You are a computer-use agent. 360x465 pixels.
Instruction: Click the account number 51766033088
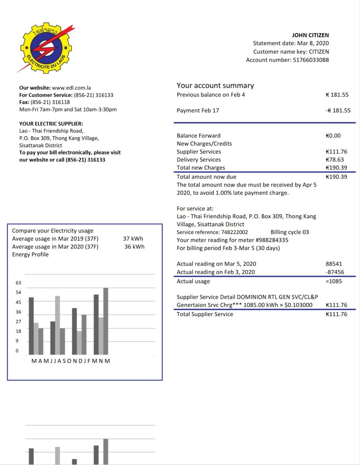click(x=311, y=60)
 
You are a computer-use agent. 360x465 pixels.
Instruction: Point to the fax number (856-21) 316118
click(x=50, y=102)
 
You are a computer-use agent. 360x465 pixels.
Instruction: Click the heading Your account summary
click(x=215, y=86)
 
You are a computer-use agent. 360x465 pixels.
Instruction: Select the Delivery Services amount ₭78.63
click(x=335, y=159)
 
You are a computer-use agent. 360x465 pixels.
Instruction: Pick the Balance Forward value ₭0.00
click(x=333, y=135)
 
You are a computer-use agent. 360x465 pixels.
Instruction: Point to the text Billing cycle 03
click(x=290, y=232)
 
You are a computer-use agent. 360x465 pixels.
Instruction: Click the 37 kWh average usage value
click(x=133, y=239)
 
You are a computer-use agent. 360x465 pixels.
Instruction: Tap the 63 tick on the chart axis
click(x=18, y=283)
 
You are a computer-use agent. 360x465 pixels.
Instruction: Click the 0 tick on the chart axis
click(x=17, y=351)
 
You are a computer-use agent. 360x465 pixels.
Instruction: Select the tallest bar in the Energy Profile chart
click(x=106, y=321)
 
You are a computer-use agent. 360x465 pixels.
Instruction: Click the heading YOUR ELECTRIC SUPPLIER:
click(x=51, y=123)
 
